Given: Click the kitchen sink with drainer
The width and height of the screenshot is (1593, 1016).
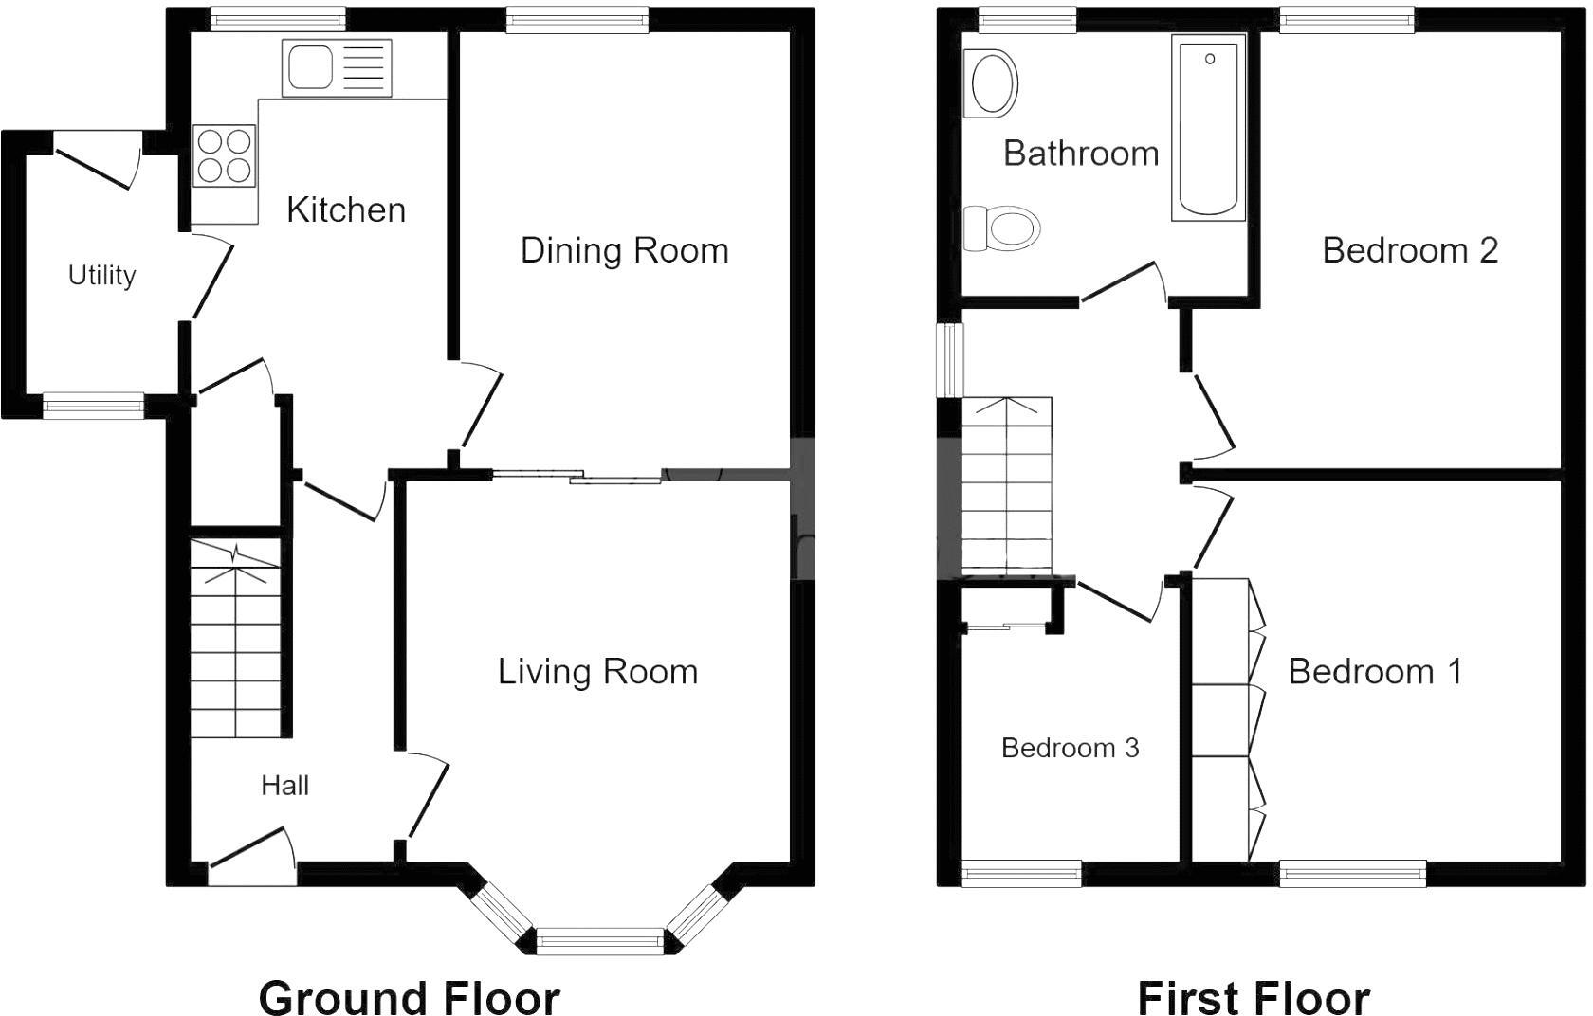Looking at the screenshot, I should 337,67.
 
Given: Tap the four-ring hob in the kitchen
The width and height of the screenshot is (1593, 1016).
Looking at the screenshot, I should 225,156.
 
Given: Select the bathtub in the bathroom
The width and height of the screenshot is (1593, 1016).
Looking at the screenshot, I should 1208,128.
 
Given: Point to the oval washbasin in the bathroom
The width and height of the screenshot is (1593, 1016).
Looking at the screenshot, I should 991,83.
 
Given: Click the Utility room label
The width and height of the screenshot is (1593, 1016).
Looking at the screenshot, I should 101,276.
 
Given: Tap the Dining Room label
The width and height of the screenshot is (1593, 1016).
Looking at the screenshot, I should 624,251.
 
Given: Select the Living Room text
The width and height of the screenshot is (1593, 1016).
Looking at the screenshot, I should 597,672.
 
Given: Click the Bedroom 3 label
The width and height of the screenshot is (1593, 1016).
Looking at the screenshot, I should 1070,749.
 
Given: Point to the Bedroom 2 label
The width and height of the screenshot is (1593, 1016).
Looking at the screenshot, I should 1409,251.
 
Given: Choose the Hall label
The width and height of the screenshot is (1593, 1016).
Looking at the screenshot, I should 284,786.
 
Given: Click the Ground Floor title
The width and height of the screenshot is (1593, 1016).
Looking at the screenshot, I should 409,997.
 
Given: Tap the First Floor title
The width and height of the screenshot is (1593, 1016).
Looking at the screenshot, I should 1253,997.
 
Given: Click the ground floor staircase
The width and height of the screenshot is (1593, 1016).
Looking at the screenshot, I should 236,640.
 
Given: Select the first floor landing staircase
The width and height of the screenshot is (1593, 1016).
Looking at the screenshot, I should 1006,485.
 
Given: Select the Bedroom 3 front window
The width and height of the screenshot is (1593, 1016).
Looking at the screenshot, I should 1021,873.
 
